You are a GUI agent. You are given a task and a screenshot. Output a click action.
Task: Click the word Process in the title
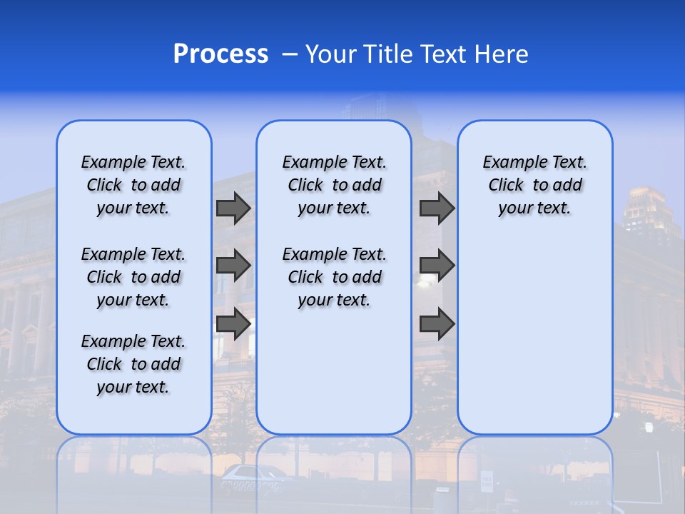click(220, 54)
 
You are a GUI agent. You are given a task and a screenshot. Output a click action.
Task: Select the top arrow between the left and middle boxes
click(233, 208)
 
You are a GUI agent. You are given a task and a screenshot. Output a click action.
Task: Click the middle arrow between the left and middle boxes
click(233, 266)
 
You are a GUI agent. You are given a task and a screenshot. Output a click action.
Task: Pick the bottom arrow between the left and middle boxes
click(233, 323)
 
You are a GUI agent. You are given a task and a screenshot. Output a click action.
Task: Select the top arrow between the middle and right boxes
click(437, 208)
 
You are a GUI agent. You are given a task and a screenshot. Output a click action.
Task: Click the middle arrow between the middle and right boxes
click(437, 266)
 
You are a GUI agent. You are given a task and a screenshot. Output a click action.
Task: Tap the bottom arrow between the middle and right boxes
click(437, 323)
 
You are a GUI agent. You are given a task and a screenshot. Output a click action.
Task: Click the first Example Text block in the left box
click(133, 185)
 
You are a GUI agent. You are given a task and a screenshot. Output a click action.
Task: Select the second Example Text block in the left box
click(133, 277)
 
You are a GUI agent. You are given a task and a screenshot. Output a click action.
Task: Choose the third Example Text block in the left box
click(133, 364)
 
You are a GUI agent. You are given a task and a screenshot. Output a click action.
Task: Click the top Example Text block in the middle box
click(334, 185)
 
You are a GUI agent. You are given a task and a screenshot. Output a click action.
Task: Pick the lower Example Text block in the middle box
click(334, 277)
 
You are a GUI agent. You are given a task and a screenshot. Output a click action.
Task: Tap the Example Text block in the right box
click(534, 185)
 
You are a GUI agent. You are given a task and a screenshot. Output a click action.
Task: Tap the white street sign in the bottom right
click(487, 480)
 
